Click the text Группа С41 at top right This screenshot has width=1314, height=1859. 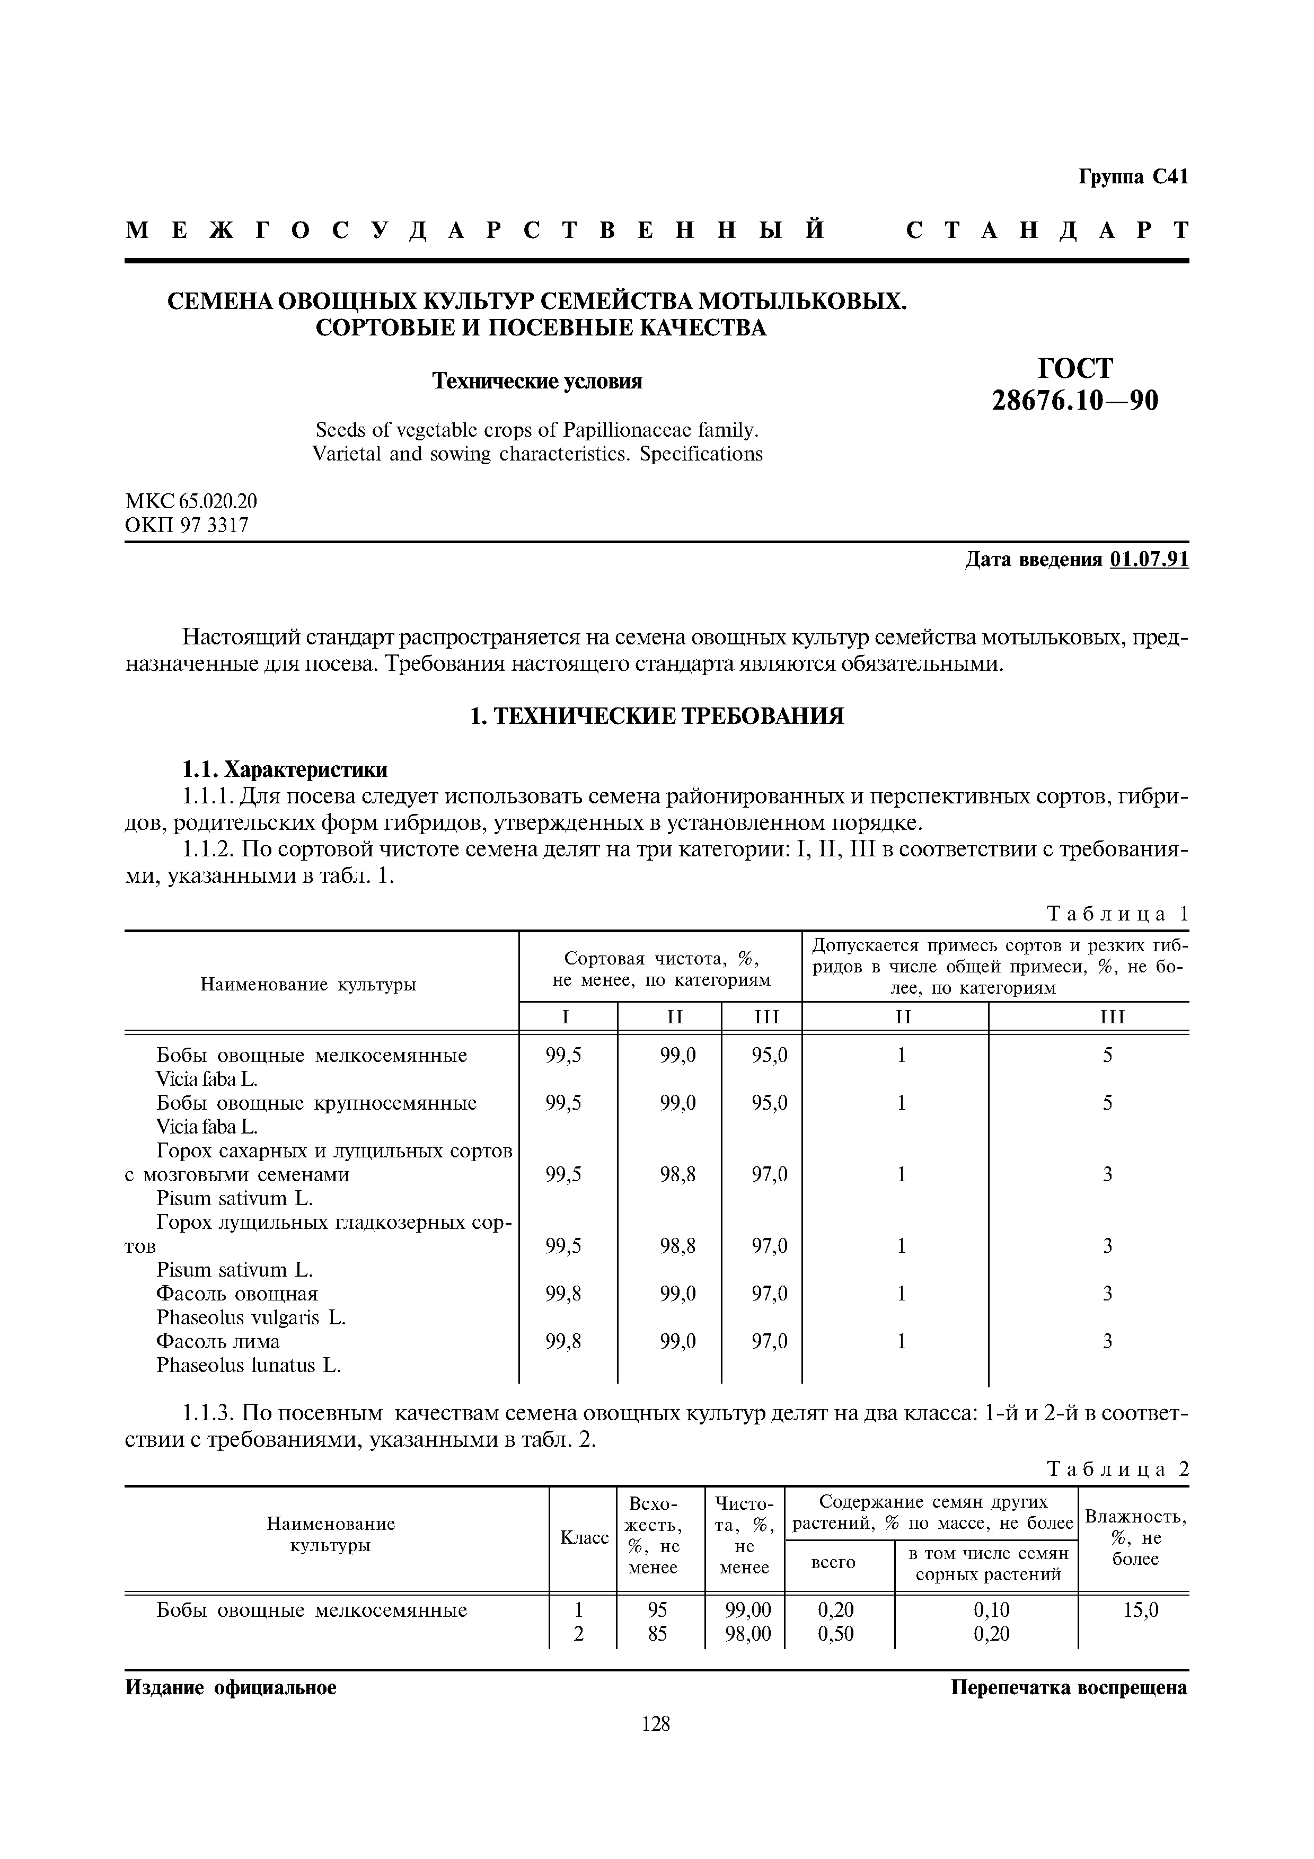click(x=1133, y=176)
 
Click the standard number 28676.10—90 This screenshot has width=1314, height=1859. click(x=1075, y=401)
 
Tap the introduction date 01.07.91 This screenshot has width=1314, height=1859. click(x=1150, y=560)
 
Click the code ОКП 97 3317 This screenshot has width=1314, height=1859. click(x=187, y=526)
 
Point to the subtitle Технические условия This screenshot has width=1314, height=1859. click(x=537, y=382)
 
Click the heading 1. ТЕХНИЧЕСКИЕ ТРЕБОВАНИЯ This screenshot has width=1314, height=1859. click(x=657, y=716)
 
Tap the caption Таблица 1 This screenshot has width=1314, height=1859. click(x=1117, y=914)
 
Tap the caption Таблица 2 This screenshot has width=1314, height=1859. click(x=1117, y=1469)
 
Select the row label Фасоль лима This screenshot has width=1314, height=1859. click(x=218, y=1342)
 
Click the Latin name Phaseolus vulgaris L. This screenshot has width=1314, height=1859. click(x=251, y=1317)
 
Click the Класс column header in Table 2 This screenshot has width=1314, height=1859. click(x=584, y=1537)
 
